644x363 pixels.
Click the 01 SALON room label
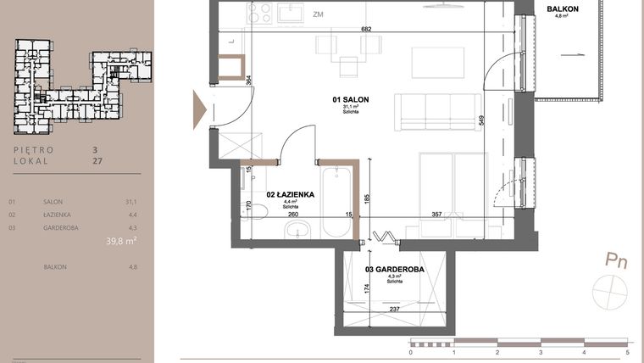click(351, 99)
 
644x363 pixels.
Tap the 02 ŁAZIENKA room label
click(291, 194)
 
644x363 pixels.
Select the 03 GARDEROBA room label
click(394, 270)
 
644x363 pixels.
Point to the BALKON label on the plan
click(563, 9)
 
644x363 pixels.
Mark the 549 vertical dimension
click(480, 120)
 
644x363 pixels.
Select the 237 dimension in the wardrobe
click(394, 309)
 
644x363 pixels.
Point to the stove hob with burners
click(258, 13)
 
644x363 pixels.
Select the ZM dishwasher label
click(318, 14)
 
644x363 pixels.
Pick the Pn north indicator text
click(616, 261)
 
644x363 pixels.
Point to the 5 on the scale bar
click(627, 351)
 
